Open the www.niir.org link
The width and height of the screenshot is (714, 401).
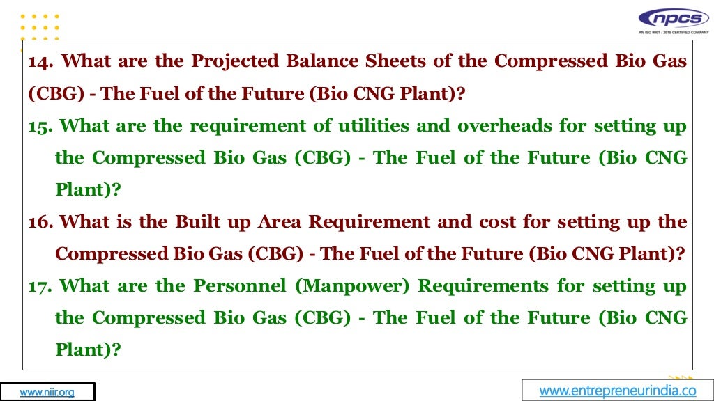coord(47,392)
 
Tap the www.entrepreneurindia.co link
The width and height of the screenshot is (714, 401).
coord(618,391)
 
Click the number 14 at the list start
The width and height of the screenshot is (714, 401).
coord(40,61)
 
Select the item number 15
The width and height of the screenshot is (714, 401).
coord(40,126)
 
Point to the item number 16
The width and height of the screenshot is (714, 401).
coord(40,222)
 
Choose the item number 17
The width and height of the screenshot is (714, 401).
coord(40,286)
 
